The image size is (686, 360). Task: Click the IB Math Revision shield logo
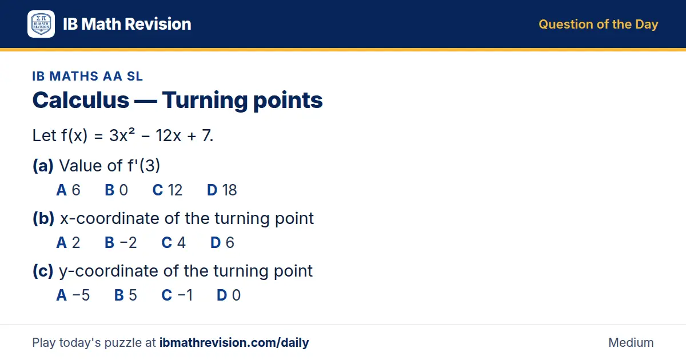tap(41, 24)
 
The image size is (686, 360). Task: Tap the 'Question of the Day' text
tap(598, 25)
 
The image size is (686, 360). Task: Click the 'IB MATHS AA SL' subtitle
tap(87, 76)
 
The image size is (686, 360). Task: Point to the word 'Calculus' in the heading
tap(81, 100)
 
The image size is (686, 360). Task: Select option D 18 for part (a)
tap(222, 190)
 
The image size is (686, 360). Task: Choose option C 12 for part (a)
tap(167, 190)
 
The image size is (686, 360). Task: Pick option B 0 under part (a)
tap(117, 190)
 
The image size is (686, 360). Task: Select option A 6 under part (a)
tap(68, 190)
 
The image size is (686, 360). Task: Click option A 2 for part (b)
tap(68, 242)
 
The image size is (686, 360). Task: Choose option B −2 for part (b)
tap(121, 242)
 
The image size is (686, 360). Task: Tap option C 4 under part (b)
tap(173, 242)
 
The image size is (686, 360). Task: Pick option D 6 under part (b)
tap(222, 242)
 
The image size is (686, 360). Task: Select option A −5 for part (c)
tap(73, 295)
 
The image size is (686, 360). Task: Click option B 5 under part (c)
tap(126, 295)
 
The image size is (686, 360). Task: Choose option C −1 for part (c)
tap(177, 295)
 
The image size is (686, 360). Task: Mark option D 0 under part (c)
tap(229, 295)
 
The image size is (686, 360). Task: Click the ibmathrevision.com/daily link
tap(234, 342)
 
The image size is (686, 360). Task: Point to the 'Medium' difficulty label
tap(631, 342)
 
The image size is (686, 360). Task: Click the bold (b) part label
tap(43, 218)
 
